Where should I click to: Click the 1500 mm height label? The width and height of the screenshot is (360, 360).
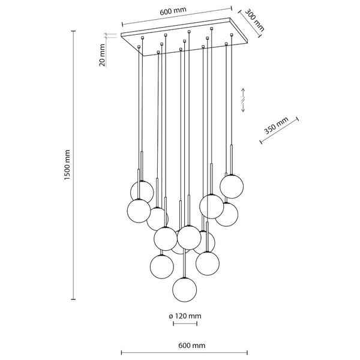[x=68, y=166]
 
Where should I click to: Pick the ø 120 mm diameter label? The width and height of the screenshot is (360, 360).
[x=185, y=316]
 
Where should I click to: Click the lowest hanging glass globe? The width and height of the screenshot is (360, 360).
[x=185, y=290]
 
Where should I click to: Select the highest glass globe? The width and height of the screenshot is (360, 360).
[x=231, y=185]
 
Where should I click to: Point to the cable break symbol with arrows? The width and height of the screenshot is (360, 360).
[x=243, y=100]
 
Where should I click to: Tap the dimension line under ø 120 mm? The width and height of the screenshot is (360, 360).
[x=185, y=325]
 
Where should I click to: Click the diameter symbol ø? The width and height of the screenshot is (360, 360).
[x=170, y=316]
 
